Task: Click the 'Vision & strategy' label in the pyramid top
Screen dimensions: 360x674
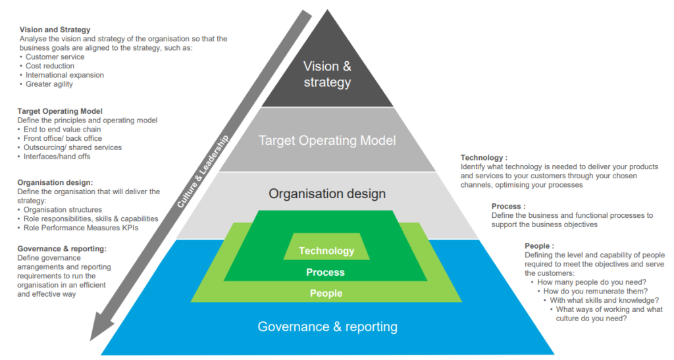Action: click(327, 74)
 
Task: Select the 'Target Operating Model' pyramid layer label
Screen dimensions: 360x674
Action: click(327, 140)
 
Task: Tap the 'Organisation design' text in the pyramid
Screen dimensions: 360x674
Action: click(327, 193)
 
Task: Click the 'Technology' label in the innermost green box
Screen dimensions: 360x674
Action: click(326, 251)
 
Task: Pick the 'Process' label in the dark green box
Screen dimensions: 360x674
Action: click(325, 272)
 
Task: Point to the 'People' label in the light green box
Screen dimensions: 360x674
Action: click(326, 293)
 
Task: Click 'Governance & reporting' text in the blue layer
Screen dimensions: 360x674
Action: click(327, 326)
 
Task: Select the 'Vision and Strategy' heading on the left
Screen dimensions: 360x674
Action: click(55, 30)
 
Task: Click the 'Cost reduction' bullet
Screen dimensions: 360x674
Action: click(50, 66)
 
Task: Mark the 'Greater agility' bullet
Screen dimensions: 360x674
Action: click(49, 84)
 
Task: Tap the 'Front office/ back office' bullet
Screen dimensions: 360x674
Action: click(63, 138)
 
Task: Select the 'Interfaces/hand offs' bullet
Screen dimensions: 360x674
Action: click(57, 157)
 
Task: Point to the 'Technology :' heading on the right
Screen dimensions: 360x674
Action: click(484, 157)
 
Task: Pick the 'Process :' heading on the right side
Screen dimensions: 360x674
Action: click(507, 206)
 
